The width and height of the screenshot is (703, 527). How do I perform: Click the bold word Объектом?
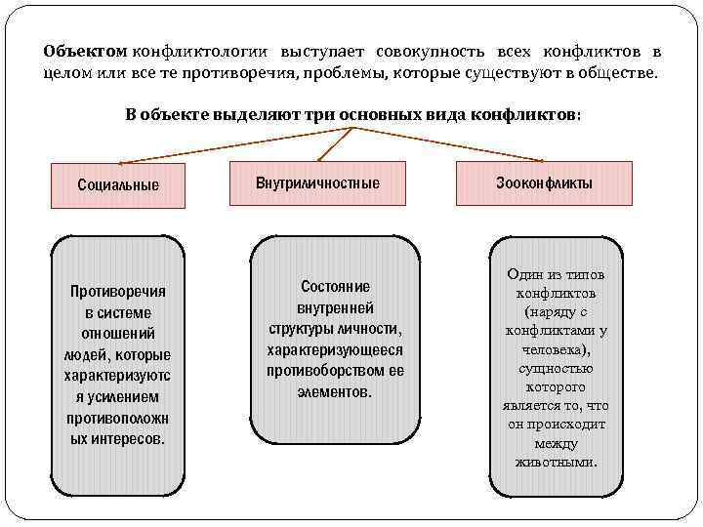pyautogui.click(x=86, y=51)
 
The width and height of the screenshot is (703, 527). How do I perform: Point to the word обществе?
pyautogui.click(x=622, y=73)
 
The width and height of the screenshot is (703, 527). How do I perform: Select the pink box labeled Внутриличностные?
pyautogui.click(x=317, y=182)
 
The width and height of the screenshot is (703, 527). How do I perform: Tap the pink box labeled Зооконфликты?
pyautogui.click(x=544, y=182)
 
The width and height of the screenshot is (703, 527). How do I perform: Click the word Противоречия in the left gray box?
pyautogui.click(x=117, y=292)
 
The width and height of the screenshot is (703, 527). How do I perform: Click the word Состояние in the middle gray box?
pyautogui.click(x=335, y=287)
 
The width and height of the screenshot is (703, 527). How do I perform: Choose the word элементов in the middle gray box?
pyautogui.click(x=335, y=392)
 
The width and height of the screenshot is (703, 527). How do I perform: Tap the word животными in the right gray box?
pyautogui.click(x=556, y=462)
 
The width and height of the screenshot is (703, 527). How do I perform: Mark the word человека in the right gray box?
pyautogui.click(x=556, y=349)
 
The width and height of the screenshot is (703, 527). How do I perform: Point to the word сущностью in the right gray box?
pyautogui.click(x=557, y=369)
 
